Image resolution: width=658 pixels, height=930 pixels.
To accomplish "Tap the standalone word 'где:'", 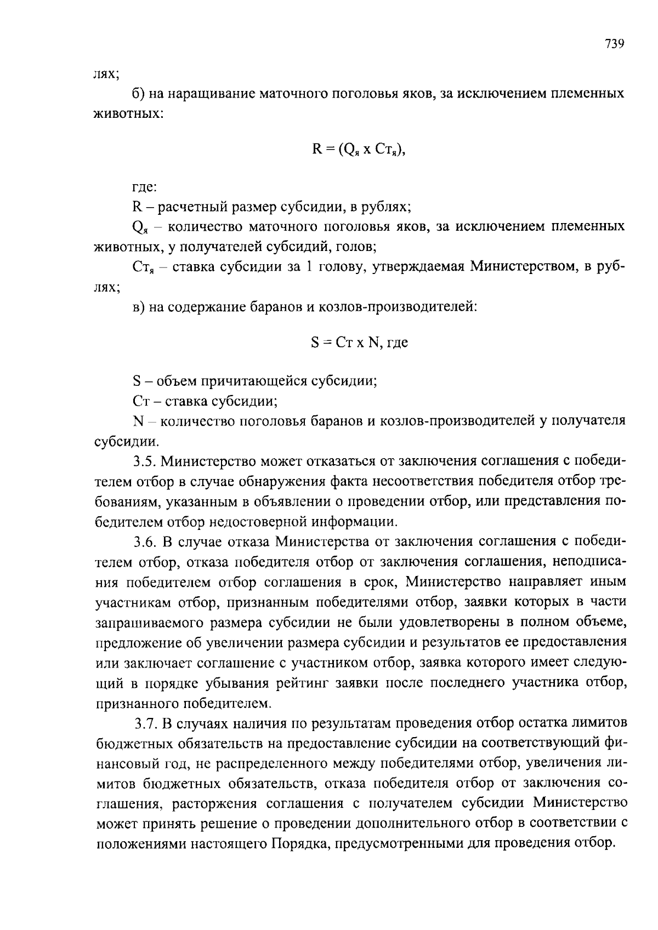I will pos(145,187).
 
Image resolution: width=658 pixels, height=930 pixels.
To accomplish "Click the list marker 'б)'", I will pos(139,94).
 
